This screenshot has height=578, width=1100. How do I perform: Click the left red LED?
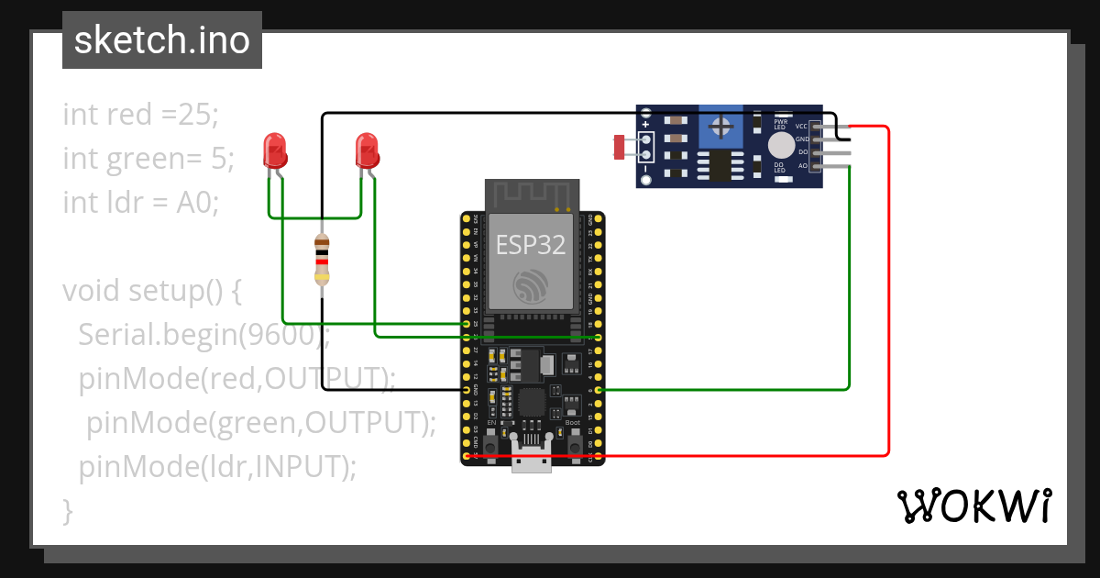[274, 150]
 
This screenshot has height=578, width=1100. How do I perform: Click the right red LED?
[367, 150]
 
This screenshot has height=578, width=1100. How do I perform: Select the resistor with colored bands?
[322, 261]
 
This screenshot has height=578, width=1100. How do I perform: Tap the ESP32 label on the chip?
[531, 244]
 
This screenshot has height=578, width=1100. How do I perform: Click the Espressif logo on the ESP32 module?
[532, 286]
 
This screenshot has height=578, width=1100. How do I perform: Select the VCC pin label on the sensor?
[801, 126]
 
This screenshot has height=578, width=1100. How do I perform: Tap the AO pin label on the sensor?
[803, 165]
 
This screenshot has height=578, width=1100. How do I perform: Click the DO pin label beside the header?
[803, 151]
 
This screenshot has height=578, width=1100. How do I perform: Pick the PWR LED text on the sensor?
[781, 123]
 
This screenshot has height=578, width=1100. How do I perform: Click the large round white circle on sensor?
[781, 145]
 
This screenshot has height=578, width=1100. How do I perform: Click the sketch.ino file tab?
[162, 40]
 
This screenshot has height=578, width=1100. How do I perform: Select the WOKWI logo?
[973, 506]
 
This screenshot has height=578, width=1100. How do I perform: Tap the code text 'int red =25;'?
[141, 115]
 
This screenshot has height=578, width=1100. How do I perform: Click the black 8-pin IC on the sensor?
[719, 166]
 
